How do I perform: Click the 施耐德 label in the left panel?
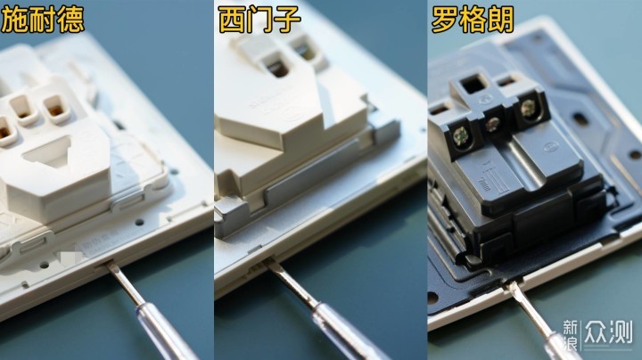click(43, 20)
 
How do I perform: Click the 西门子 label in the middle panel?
click(259, 20)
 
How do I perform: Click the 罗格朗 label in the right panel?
click(473, 20)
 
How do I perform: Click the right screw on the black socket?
click(527, 109)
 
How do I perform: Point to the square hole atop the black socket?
click(470, 86)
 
